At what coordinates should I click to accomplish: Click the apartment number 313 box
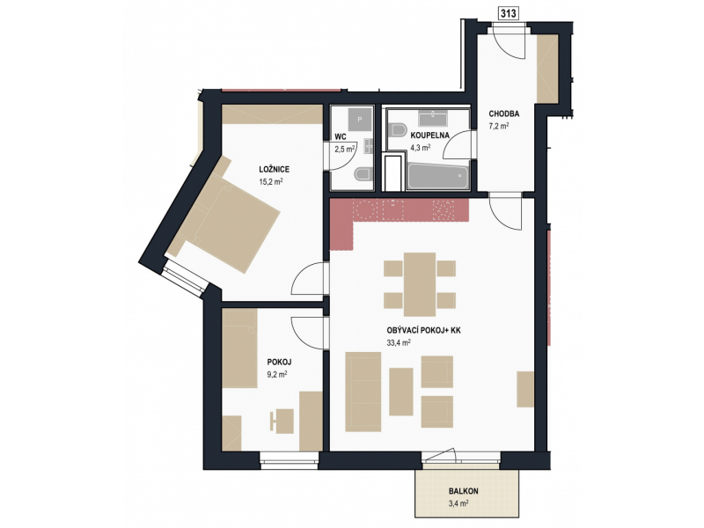pos(509,13)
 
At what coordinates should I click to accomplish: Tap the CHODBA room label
pos(503,114)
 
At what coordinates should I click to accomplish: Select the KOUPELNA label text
pos(429,136)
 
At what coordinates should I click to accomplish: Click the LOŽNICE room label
pos(274,169)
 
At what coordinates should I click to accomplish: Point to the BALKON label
pos(463,491)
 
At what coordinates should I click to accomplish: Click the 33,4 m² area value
pos(399,343)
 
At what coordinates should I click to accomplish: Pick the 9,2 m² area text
pos(277,373)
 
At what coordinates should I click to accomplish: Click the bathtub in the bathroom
pos(437,177)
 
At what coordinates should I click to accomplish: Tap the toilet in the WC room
pos(363,174)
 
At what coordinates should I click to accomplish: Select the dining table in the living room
pos(420,284)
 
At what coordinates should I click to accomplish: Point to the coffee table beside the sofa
pos(401,392)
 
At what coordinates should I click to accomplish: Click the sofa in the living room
pos(363,392)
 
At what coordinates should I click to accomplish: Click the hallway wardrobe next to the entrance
pos(547,69)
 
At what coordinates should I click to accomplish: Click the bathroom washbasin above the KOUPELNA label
pos(433,119)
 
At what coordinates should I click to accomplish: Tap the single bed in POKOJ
pos(239,348)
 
